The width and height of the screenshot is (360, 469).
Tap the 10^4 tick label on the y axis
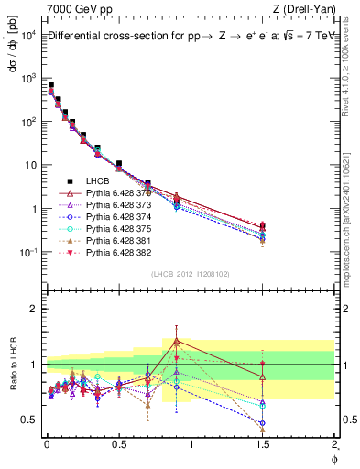(x=27, y=35)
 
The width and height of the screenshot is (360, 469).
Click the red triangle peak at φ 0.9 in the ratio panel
(x=176, y=341)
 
